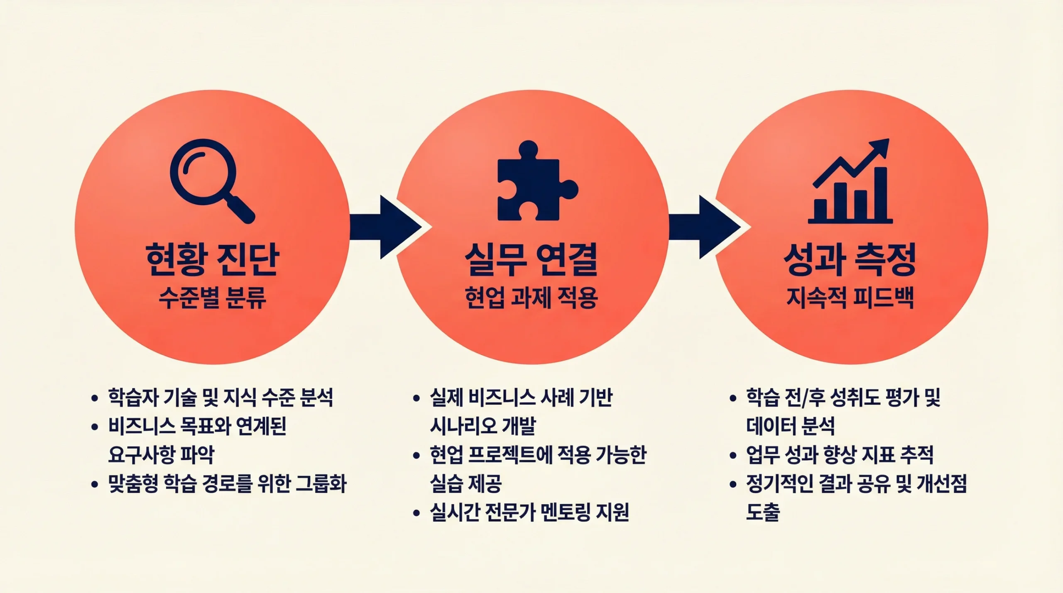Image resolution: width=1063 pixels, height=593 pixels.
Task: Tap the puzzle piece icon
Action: [534, 183]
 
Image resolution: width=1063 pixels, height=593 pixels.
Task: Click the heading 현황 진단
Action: [212, 259]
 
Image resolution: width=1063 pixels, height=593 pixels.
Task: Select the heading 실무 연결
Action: [531, 259]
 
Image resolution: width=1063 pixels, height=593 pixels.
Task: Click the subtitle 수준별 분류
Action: [212, 298]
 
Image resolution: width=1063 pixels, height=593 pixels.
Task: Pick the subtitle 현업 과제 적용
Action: [531, 298]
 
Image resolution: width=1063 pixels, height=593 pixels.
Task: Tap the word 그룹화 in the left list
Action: [321, 483]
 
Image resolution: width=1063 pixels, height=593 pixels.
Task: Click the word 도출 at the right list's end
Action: [763, 512]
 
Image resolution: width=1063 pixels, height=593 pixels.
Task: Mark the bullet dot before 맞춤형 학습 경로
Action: [95, 484]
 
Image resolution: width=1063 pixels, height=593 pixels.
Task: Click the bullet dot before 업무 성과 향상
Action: [733, 455]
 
